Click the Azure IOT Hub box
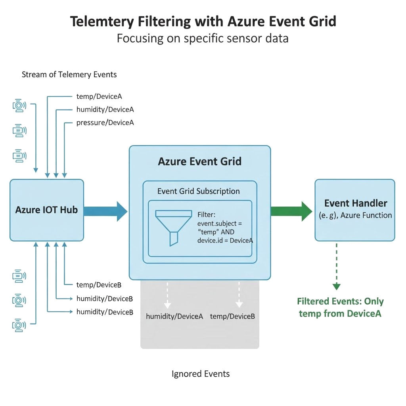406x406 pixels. pyautogui.click(x=46, y=210)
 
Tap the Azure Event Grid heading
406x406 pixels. pyautogui.click(x=199, y=162)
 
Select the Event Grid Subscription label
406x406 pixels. pyautogui.click(x=198, y=191)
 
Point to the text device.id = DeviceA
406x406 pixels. pyautogui.click(x=225, y=241)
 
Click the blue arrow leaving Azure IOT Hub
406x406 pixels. pyautogui.click(x=105, y=211)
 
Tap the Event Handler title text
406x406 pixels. pyautogui.click(x=356, y=203)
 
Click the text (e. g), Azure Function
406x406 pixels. pyautogui.click(x=356, y=216)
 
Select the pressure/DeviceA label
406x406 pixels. pyautogui.click(x=105, y=123)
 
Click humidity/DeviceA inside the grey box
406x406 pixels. pyautogui.click(x=174, y=316)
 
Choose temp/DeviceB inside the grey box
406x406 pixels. pyautogui.click(x=232, y=316)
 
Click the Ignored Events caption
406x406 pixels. pyautogui.click(x=201, y=374)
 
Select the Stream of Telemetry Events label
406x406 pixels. pyautogui.click(x=69, y=75)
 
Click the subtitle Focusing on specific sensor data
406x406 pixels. pyautogui.click(x=203, y=38)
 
